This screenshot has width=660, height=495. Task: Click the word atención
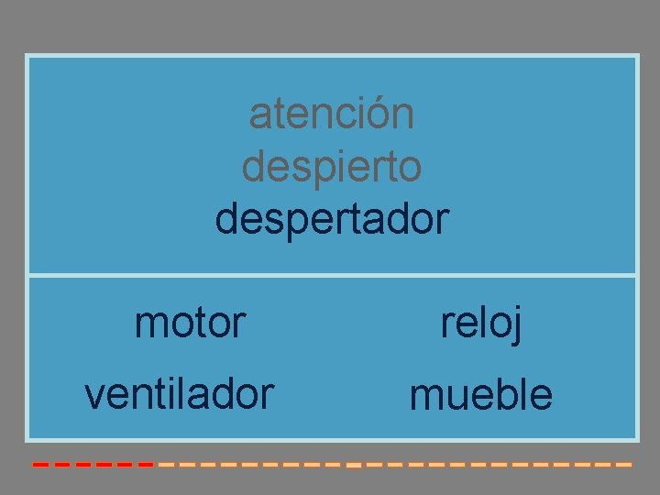[331, 115]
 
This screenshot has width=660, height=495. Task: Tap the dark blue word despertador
[331, 220]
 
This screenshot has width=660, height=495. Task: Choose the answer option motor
[190, 322]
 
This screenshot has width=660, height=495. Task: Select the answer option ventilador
[179, 394]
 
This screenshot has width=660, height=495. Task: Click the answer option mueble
[481, 395]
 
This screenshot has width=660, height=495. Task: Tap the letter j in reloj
[517, 325]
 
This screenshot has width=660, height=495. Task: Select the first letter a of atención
[259, 116]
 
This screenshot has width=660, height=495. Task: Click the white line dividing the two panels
[331, 274]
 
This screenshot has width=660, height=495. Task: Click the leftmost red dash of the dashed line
[40, 465]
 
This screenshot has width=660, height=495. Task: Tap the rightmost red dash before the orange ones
[145, 465]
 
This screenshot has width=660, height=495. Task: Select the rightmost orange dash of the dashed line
[624, 465]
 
